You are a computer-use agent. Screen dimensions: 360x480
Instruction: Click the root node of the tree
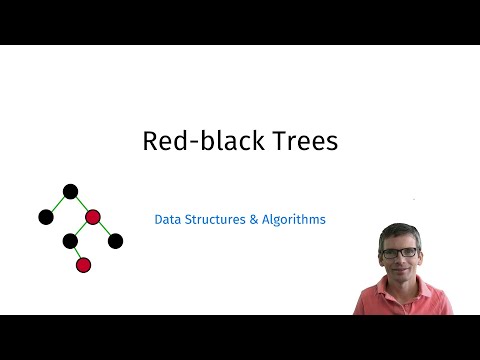pyautogui.click(x=70, y=191)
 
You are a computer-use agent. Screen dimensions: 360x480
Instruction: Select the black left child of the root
pyautogui.click(x=45, y=216)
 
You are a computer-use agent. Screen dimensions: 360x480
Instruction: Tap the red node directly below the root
pyautogui.click(x=93, y=216)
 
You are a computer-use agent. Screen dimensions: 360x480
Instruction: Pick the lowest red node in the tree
pyautogui.click(x=84, y=265)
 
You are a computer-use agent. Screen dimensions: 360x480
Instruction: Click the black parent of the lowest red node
pyautogui.click(x=70, y=240)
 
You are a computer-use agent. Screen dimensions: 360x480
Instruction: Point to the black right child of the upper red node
pyautogui.click(x=115, y=240)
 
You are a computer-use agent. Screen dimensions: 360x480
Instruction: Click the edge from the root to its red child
pyautogui.click(x=81, y=203)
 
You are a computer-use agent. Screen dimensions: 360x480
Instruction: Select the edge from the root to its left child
pyautogui.click(x=58, y=203)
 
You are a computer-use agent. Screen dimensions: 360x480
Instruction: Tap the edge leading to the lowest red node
pyautogui.click(x=77, y=253)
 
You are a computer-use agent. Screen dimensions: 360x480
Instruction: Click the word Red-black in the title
pyautogui.click(x=189, y=142)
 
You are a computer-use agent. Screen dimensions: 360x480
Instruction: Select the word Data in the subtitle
pyautogui.click(x=168, y=219)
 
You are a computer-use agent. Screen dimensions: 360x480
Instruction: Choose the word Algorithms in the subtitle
pyautogui.click(x=294, y=219)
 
